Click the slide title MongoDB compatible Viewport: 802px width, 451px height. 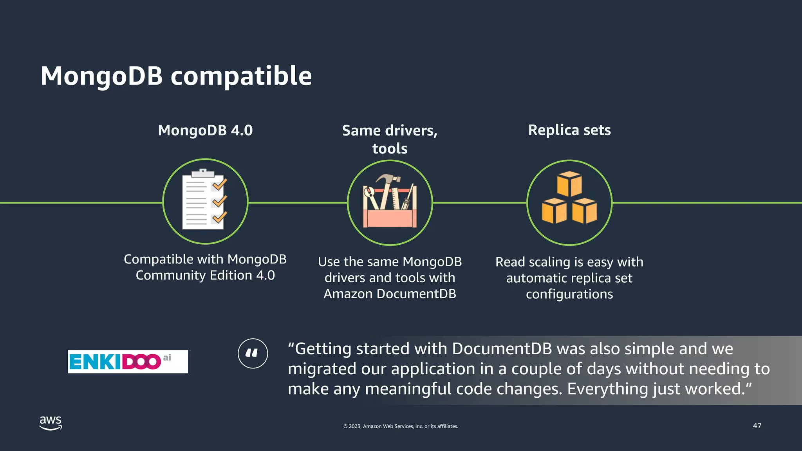click(176, 76)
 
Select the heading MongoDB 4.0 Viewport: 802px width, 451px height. click(205, 130)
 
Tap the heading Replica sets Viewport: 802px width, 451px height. click(569, 130)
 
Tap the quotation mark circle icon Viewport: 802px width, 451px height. click(253, 353)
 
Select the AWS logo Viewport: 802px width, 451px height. click(51, 423)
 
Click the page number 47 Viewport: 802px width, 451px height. click(757, 426)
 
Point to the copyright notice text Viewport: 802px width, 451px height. click(401, 426)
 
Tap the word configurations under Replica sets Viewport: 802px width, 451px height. click(569, 294)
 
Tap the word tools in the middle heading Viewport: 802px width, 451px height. click(390, 149)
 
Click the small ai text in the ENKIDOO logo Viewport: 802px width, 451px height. click(167, 357)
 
